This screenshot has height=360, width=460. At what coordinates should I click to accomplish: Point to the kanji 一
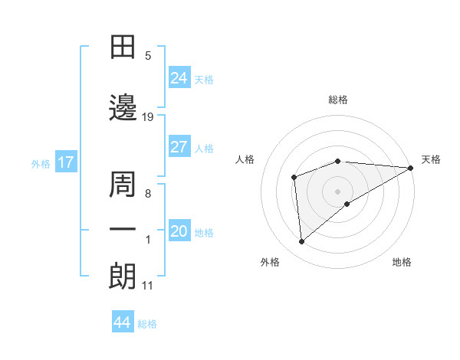[123, 230]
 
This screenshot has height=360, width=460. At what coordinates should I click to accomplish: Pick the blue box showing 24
[179, 78]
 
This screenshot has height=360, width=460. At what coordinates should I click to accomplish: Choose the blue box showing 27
[179, 147]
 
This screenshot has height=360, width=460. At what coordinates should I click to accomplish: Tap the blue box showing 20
[179, 232]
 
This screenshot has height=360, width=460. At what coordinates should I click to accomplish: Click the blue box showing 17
[65, 162]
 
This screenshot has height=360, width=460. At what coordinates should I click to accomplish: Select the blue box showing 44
[123, 322]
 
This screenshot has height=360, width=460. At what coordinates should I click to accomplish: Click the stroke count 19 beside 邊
[148, 117]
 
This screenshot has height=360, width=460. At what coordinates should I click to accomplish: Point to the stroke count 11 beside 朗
[147, 286]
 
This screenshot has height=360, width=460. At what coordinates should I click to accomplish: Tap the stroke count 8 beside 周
[147, 194]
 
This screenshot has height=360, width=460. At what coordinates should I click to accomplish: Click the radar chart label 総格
[338, 100]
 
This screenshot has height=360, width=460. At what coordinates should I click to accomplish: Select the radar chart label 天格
[432, 159]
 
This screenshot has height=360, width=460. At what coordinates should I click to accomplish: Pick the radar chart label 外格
[270, 262]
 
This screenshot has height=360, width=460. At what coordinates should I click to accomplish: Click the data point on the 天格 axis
[411, 168]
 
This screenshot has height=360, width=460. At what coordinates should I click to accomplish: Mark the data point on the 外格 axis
[302, 242]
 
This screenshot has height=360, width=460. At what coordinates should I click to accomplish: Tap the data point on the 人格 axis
[294, 178]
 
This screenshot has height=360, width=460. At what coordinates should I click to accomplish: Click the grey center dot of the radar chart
[337, 191]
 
